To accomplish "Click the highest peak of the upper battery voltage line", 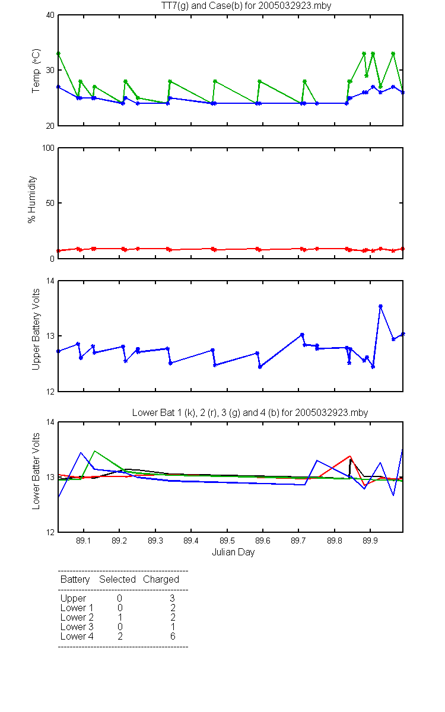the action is click(x=380, y=306).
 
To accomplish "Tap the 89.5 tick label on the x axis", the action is click(x=227, y=541).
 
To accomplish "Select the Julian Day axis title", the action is click(x=233, y=552).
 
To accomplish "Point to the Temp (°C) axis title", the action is click(x=36, y=71).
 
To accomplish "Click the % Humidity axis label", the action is click(x=32, y=199).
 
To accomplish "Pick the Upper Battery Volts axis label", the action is click(x=36, y=330).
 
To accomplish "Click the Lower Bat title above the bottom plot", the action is click(x=250, y=412).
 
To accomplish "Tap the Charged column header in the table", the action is click(x=161, y=579).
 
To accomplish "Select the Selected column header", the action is click(x=117, y=579).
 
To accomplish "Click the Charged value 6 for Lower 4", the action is click(x=173, y=636).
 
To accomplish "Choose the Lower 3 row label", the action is click(x=77, y=627).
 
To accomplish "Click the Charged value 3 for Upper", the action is click(x=172, y=598).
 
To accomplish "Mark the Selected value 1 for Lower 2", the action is click(x=120, y=617).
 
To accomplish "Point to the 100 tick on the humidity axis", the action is click(x=48, y=148).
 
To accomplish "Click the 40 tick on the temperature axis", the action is click(x=50, y=15).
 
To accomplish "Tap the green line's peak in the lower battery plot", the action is click(x=94, y=451).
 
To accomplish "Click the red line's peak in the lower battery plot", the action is click(x=350, y=456).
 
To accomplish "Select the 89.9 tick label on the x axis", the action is click(x=370, y=541).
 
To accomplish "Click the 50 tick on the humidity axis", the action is click(x=50, y=203).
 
